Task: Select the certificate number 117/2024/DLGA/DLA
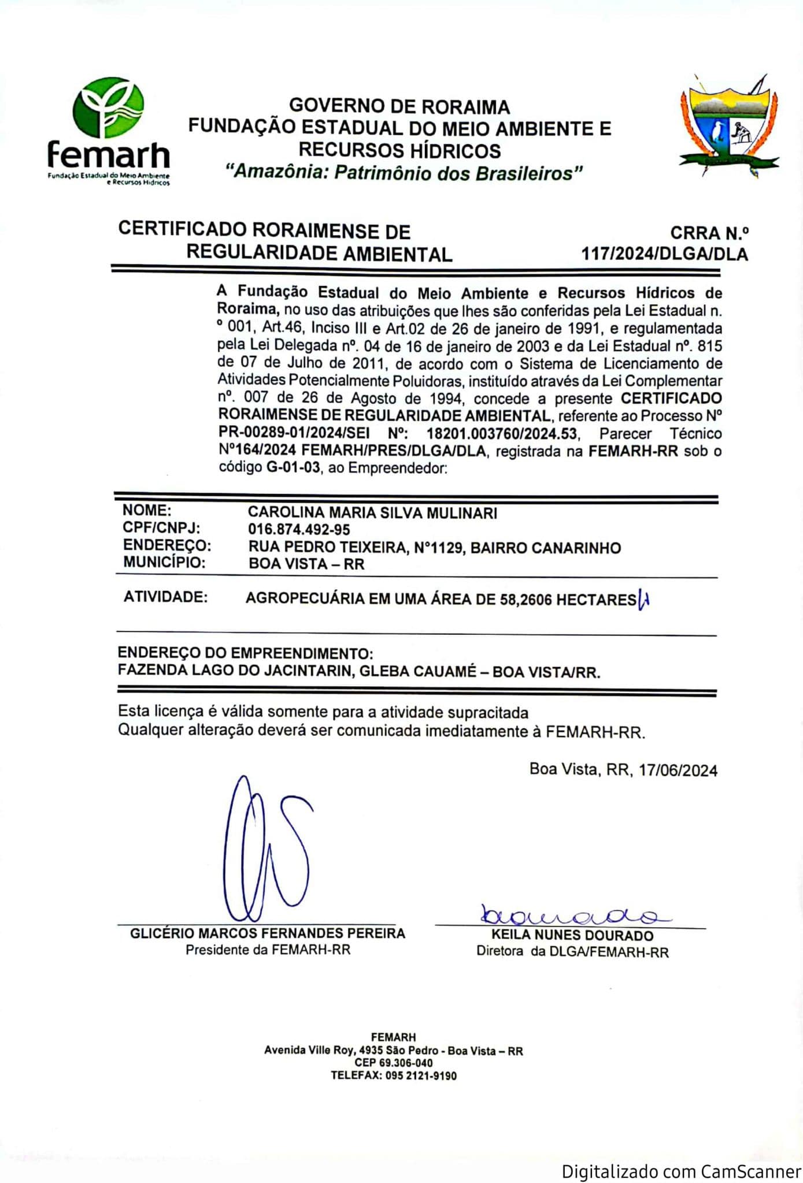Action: click(664, 254)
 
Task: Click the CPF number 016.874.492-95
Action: click(299, 529)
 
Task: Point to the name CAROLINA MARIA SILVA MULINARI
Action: click(372, 512)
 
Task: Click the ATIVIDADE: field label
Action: click(165, 597)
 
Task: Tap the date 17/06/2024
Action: click(678, 770)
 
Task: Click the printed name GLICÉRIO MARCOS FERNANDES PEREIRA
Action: click(268, 933)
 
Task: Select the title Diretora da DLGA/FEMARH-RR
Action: click(572, 952)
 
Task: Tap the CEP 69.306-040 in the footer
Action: click(394, 1063)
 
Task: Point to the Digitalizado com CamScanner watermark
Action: click(681, 1171)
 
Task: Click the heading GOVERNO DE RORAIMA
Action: click(399, 106)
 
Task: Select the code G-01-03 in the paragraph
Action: click(293, 467)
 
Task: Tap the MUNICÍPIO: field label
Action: click(164, 562)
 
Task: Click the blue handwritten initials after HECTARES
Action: click(643, 600)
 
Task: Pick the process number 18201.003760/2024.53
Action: click(502, 433)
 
